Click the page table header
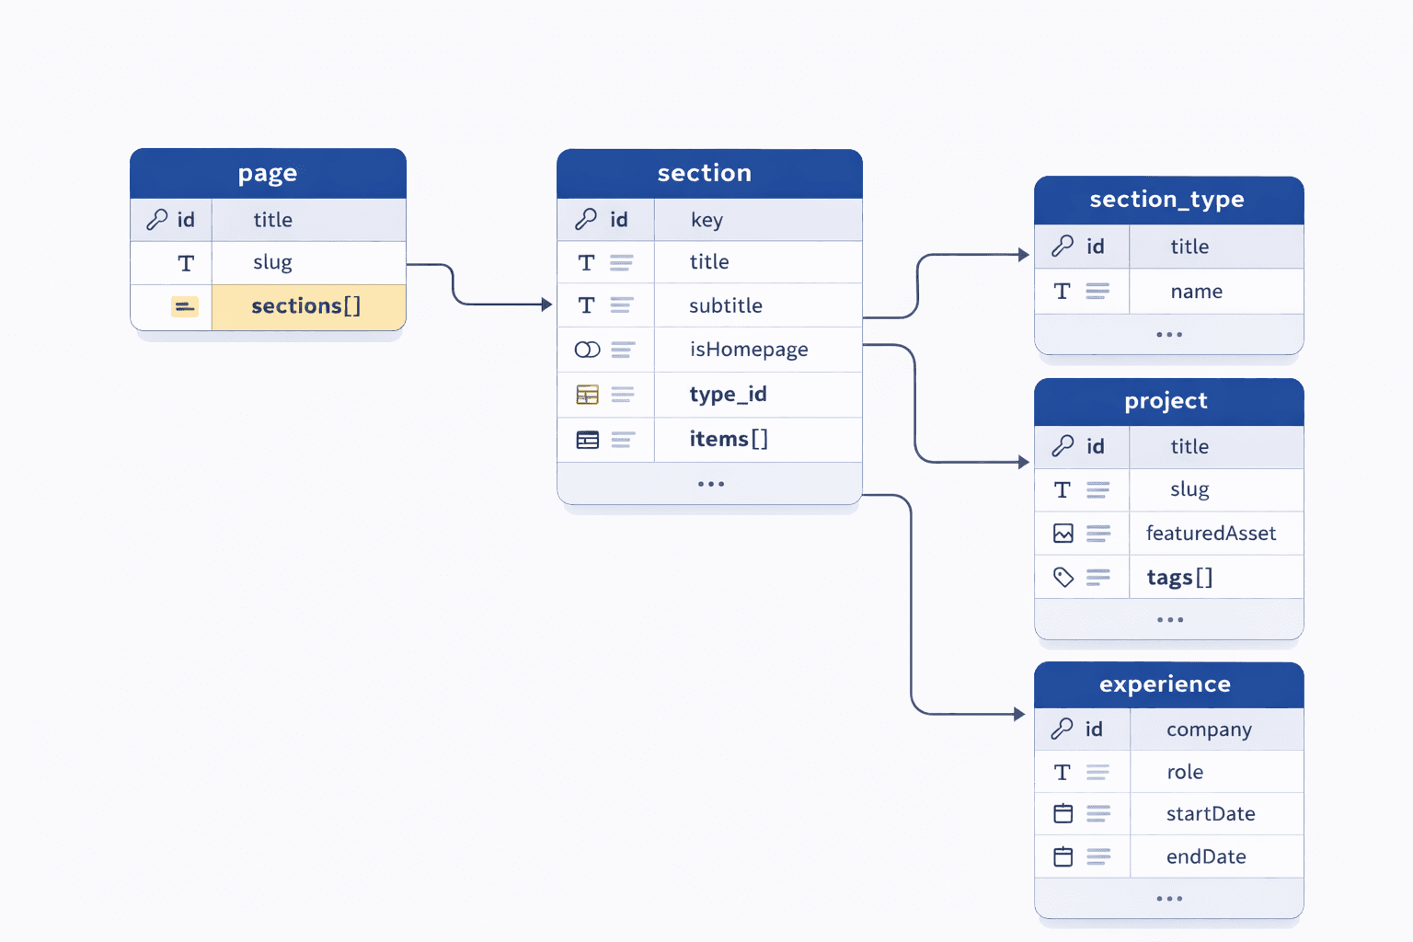tap(268, 173)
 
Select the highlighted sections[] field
tap(305, 306)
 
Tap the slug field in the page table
tap(272, 263)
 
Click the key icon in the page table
tap(157, 220)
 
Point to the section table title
tap(705, 173)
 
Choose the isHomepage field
tap(749, 350)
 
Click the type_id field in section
tap(728, 395)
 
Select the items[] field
tap(729, 440)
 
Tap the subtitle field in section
tap(726, 305)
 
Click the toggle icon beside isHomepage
tap(587, 350)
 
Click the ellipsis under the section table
tap(710, 484)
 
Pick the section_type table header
tap(1167, 200)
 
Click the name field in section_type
tap(1196, 292)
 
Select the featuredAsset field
tap(1211, 534)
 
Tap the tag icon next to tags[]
tap(1063, 578)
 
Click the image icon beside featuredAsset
tap(1063, 534)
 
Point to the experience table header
tap(1166, 684)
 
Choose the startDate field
tap(1211, 814)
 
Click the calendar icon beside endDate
tap(1063, 857)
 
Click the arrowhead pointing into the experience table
tap(1019, 714)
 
